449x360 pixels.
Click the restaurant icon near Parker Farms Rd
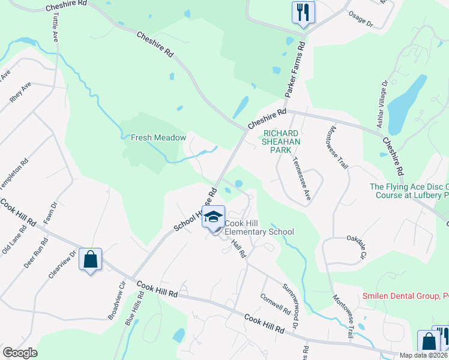point(303,12)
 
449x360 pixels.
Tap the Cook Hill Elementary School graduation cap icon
point(213,217)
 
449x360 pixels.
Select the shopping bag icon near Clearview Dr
point(90,260)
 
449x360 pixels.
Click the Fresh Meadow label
point(158,137)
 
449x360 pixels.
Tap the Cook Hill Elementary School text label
point(259,227)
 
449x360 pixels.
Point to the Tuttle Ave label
point(54,28)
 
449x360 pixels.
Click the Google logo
point(20,353)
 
